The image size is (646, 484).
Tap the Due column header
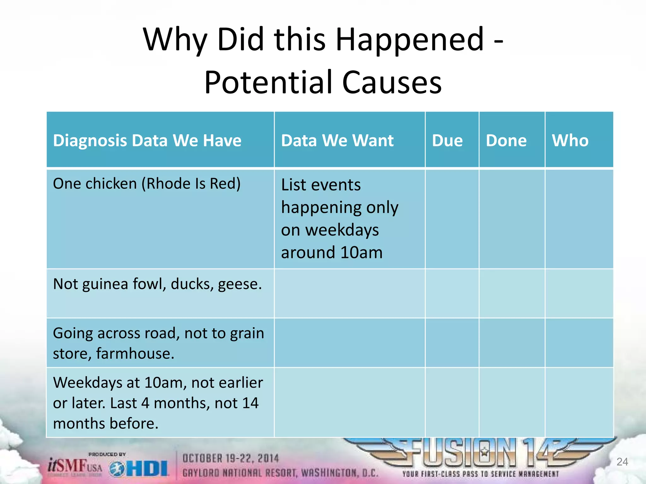(447, 141)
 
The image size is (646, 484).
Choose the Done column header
(506, 141)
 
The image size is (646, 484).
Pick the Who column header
(570, 141)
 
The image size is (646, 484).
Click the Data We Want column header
(337, 141)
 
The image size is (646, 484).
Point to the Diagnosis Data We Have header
(147, 141)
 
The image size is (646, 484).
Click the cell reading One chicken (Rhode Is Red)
(147, 184)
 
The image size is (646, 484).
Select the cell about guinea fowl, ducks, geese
(157, 284)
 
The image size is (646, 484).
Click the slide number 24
(622, 462)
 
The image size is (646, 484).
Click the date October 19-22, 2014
(231, 458)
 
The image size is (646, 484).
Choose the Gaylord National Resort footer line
(280, 473)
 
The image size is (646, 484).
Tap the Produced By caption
(107, 454)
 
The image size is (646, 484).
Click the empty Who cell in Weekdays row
(579, 402)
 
